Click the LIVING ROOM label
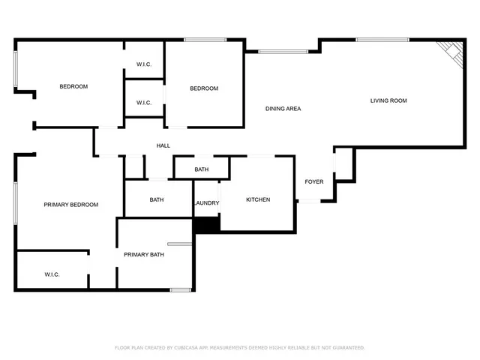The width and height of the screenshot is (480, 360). (388, 100)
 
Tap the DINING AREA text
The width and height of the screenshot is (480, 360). (283, 109)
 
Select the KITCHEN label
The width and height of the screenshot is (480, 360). (258, 199)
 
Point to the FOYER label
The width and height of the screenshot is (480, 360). (313, 182)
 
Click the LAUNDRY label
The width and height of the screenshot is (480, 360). (206, 203)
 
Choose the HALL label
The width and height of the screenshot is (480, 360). (163, 145)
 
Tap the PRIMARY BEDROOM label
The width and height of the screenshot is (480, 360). (70, 205)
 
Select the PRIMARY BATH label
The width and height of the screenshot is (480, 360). (144, 255)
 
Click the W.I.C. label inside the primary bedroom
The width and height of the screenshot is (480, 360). (52, 274)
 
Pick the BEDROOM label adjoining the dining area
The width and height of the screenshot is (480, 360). (204, 88)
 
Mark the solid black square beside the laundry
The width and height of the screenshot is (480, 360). (205, 224)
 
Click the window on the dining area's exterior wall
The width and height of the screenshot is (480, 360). (277, 52)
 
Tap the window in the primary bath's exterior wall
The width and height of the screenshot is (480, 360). (180, 289)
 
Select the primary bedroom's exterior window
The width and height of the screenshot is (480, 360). (16, 202)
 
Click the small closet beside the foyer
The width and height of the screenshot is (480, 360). (343, 164)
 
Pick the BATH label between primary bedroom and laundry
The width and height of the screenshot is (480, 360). (157, 199)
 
